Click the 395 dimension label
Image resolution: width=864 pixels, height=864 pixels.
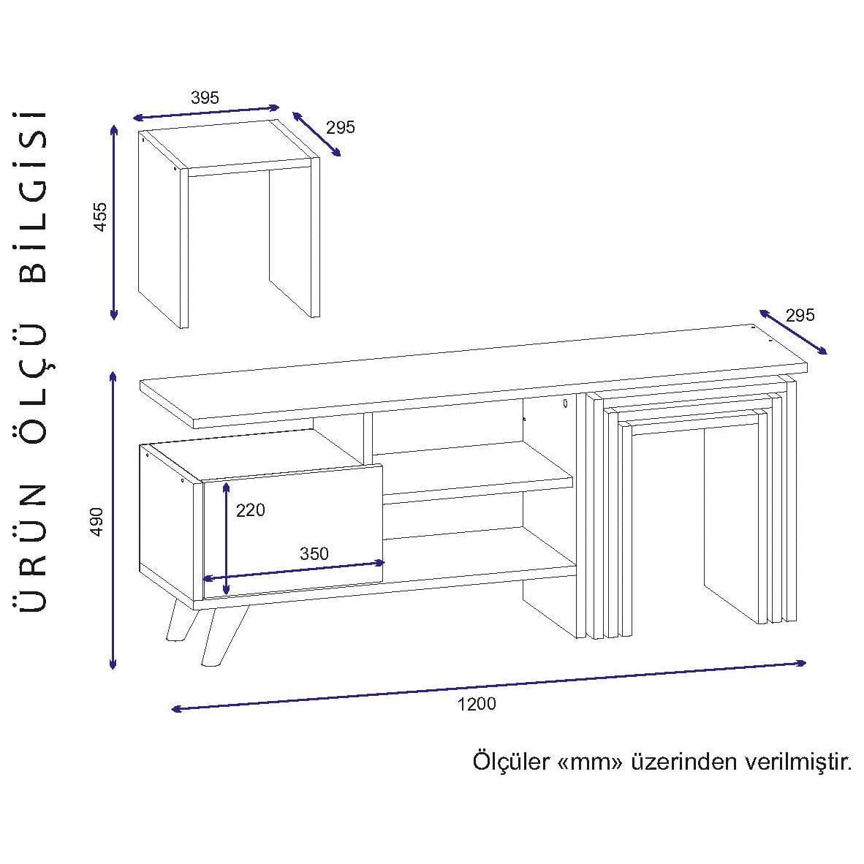pos(205,97)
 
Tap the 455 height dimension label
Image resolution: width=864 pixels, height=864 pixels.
pos(99,216)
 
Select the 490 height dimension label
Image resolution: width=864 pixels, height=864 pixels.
pos(96,522)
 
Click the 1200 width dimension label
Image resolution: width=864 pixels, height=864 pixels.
pos(477,704)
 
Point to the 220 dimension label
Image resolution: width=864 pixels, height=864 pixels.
pos(251,510)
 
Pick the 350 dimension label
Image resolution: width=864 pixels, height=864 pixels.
pos(314,553)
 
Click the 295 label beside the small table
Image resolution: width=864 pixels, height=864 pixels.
pos(341,127)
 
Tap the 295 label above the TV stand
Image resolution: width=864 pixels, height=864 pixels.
pos(800,315)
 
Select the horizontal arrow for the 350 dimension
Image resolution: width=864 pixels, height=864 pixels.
pos(295,570)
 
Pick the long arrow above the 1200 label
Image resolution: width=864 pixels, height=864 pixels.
pos(489,686)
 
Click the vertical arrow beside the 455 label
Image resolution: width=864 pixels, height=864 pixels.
pos(114,222)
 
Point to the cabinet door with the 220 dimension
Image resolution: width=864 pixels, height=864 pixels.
pos(293,531)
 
